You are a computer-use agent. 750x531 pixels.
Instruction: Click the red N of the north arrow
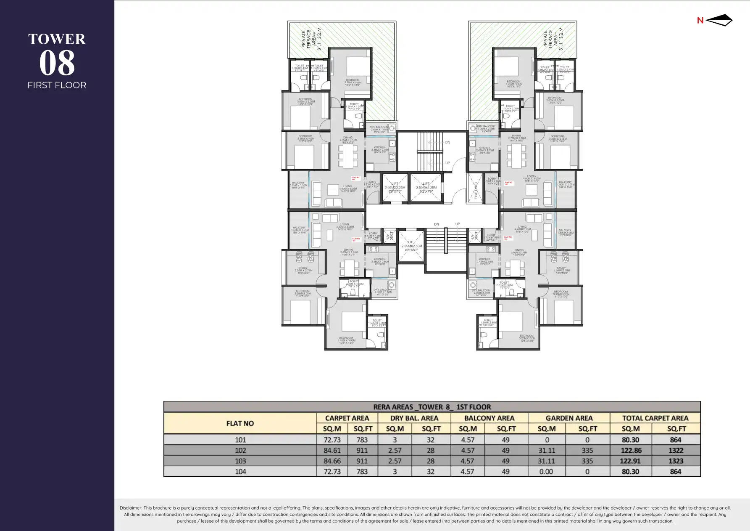(x=700, y=20)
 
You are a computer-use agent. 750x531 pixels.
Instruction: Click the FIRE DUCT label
(x=476, y=190)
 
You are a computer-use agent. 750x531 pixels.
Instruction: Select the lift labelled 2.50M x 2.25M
(x=426, y=188)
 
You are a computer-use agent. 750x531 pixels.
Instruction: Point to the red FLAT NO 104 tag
(x=508, y=238)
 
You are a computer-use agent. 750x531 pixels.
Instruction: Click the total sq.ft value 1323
(x=676, y=461)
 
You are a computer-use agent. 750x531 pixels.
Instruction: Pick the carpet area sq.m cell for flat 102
(x=332, y=450)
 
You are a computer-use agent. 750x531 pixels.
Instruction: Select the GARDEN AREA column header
(x=569, y=418)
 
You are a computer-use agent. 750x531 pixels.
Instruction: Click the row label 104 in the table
(x=240, y=472)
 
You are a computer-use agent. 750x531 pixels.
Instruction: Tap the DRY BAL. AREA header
(x=414, y=418)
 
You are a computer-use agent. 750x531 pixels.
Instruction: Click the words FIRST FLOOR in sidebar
(x=57, y=85)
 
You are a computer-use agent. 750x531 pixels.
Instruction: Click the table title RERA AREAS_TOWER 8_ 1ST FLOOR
(x=432, y=407)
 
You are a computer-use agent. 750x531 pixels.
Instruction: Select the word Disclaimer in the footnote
(x=131, y=508)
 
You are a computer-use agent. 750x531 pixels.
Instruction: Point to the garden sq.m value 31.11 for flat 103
(x=546, y=461)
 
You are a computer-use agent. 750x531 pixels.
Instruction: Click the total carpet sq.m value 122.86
(x=631, y=450)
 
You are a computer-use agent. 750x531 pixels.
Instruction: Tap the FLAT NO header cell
(x=240, y=423)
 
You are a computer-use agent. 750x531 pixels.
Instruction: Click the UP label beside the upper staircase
(x=447, y=163)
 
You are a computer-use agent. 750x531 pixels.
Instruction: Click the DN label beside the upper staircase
(x=447, y=143)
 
